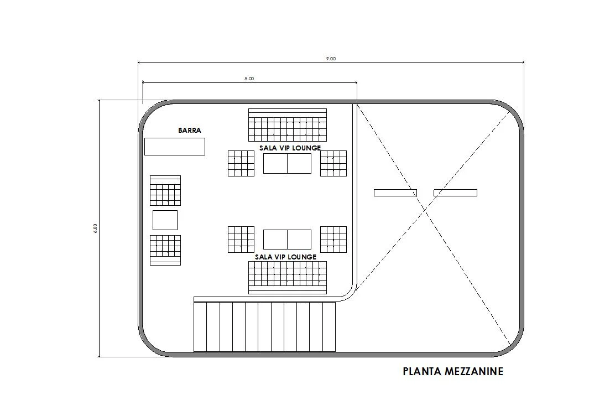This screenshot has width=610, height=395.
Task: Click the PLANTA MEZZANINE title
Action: [x=453, y=371]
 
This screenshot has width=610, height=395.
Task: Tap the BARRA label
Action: [x=190, y=131]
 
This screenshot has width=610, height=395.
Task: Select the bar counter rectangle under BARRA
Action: [x=175, y=147]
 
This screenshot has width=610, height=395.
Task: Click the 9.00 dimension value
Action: [x=331, y=59]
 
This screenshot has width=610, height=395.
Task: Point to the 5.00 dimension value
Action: [x=249, y=79]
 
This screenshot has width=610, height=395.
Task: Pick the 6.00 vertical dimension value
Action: [x=95, y=228]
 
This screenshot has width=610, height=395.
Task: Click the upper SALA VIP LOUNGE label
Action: [x=290, y=148]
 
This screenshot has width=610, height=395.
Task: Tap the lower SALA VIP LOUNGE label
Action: [x=285, y=257]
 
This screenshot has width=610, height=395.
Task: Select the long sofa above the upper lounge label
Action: [x=287, y=125]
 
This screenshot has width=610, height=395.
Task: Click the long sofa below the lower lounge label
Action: [x=287, y=277]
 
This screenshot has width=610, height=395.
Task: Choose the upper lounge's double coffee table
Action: [x=287, y=163]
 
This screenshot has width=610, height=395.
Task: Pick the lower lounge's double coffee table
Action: [x=287, y=239]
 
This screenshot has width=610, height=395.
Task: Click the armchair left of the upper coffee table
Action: [x=241, y=163]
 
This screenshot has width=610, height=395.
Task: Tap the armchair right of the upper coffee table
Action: [x=333, y=163]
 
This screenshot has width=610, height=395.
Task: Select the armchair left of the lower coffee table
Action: [x=241, y=239]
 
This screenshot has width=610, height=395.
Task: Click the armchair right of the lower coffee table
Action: [x=333, y=239]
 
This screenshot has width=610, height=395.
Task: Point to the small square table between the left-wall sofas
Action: [x=165, y=220]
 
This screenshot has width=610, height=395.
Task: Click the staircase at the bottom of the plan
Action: [x=264, y=326]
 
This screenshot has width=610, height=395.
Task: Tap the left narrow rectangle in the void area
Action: [x=395, y=193]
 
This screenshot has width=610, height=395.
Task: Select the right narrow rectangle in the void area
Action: [x=455, y=193]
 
